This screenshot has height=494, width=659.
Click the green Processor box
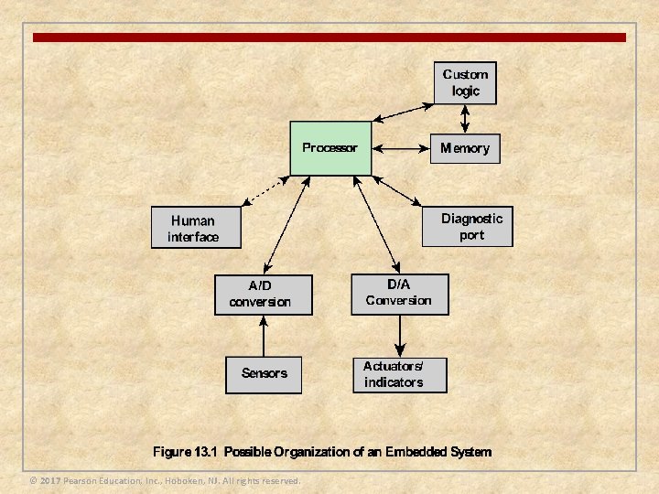pos(330,147)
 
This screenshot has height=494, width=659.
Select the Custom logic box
pos(465,82)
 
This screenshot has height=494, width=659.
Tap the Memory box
pos(465,148)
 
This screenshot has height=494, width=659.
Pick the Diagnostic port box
pos(467,226)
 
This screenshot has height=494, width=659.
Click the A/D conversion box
pos(263,295)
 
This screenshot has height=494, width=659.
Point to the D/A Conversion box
pos(400,294)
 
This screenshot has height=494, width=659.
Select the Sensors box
pos(264,373)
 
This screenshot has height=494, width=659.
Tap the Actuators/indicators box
pos(400,373)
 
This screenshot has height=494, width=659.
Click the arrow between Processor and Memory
pos(401,148)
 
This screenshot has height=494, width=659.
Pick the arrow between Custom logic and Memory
pos(465,118)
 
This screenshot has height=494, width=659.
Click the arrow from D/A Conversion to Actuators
pos(399,335)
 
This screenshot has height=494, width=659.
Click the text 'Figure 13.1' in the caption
pos(186,452)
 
